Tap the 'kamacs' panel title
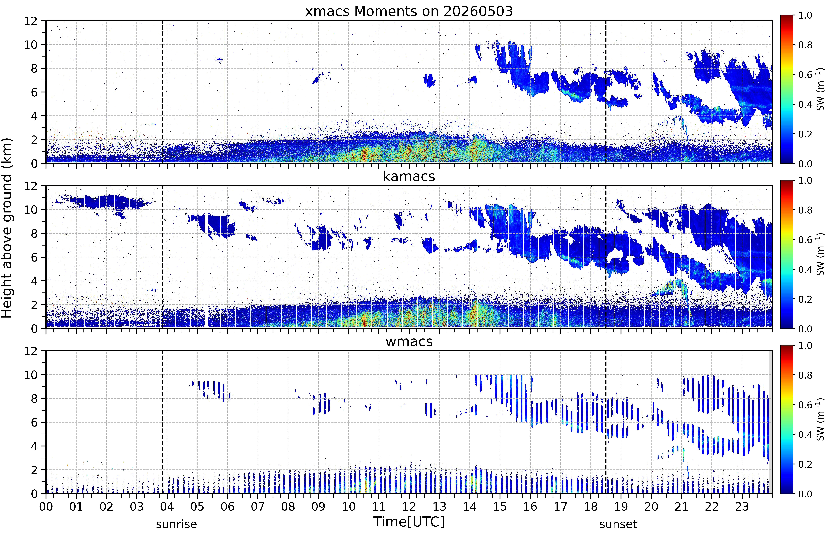(409, 176)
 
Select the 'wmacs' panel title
(409, 341)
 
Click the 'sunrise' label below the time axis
(176, 524)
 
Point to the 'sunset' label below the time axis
(618, 524)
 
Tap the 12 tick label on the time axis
(409, 506)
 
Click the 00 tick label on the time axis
(46, 506)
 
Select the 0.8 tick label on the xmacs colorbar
(805, 45)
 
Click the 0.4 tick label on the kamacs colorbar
(805, 269)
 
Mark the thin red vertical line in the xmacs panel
(225, 80)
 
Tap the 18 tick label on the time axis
(591, 506)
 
